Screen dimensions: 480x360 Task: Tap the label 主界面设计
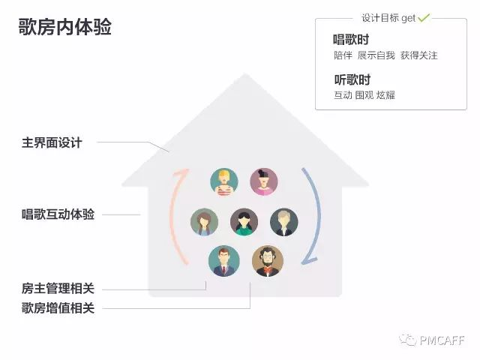click(x=52, y=142)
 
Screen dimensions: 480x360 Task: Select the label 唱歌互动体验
click(x=58, y=214)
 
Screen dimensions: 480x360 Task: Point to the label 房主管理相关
click(x=58, y=288)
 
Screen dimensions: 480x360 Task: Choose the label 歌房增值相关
click(x=58, y=307)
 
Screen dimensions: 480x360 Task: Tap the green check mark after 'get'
click(x=424, y=16)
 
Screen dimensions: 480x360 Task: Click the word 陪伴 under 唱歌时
click(x=343, y=55)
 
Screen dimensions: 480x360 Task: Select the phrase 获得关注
click(x=418, y=55)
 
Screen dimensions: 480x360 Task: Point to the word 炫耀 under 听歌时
click(x=386, y=95)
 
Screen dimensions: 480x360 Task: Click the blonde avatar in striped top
click(x=224, y=181)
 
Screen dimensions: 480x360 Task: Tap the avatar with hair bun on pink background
click(x=263, y=181)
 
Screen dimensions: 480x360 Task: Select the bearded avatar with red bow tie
click(x=268, y=261)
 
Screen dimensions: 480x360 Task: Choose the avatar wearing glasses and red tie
click(x=223, y=261)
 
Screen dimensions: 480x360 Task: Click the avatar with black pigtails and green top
click(x=244, y=222)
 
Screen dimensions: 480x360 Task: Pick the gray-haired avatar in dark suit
click(x=284, y=222)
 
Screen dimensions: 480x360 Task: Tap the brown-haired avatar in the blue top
click(x=204, y=222)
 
